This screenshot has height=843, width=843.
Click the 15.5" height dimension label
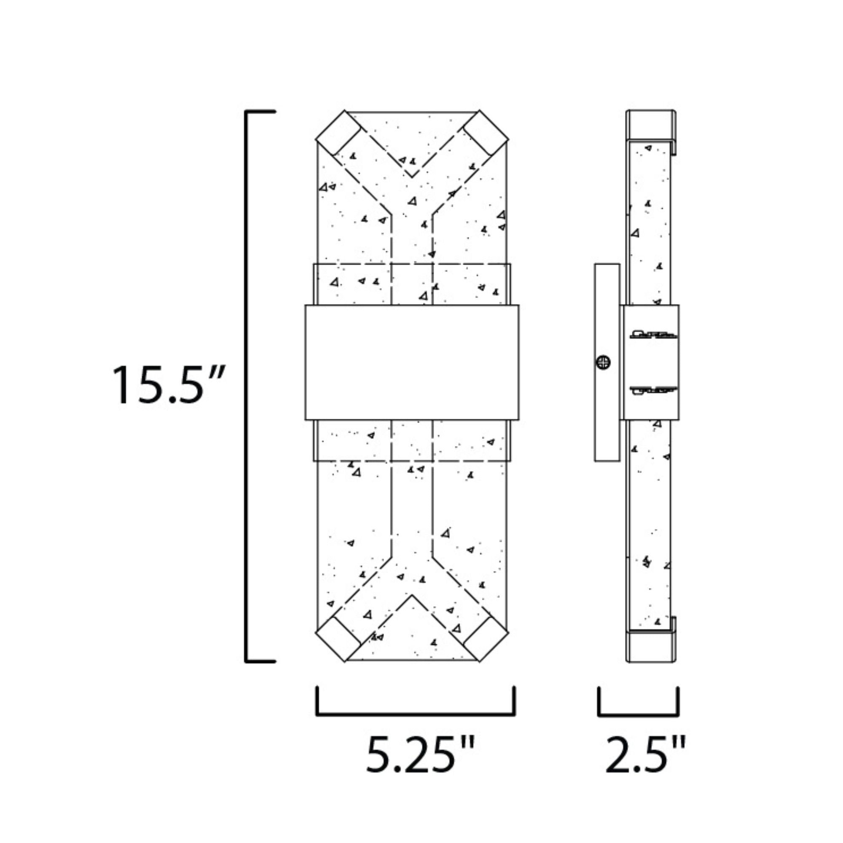(x=169, y=385)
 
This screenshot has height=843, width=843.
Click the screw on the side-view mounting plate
(x=603, y=362)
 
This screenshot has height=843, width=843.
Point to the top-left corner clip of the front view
(x=338, y=132)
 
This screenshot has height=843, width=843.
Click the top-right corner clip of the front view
(x=486, y=132)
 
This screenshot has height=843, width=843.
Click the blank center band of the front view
(x=412, y=362)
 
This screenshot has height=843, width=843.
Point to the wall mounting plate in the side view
(x=607, y=362)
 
